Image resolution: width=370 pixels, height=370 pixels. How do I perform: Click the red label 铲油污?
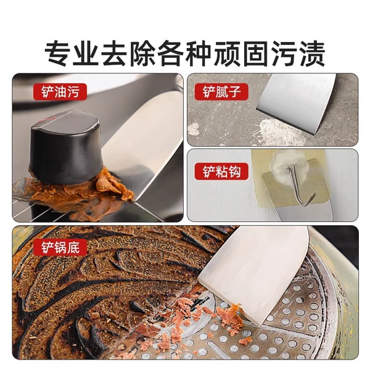(60, 92)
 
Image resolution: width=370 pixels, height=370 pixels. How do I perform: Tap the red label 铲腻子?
(221, 92)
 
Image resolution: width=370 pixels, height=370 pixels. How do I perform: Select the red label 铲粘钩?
(221, 171)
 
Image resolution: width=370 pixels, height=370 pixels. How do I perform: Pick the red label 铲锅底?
(60, 247)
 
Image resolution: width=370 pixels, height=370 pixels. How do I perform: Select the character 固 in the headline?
(255, 54)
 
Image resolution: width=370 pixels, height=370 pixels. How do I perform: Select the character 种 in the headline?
(199, 54)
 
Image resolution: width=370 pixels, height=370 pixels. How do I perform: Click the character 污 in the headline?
(284, 54)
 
